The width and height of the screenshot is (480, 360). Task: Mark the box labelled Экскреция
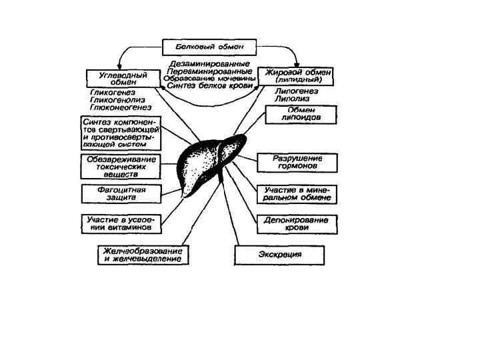tap(280, 255)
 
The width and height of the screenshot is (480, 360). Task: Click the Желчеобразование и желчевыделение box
tap(143, 255)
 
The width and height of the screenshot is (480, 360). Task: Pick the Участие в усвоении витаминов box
tap(121, 223)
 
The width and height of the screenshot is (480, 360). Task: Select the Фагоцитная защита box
tap(121, 194)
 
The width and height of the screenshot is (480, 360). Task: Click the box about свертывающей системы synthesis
tap(121, 133)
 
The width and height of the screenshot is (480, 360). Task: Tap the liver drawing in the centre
tap(208, 162)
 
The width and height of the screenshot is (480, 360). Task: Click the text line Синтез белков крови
tap(209, 85)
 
